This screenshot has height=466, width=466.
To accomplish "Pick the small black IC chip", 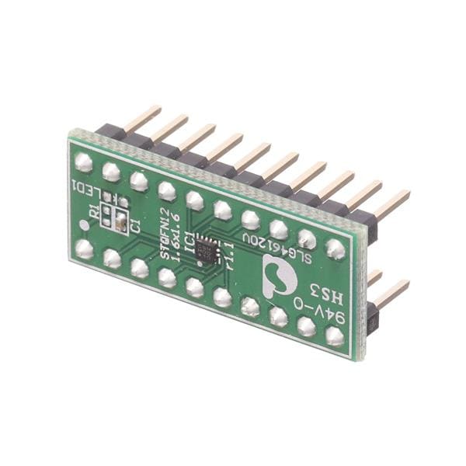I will point(207,250).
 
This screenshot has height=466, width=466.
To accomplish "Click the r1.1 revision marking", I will point(229,256).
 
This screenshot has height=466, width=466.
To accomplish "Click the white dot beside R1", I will point(84,226).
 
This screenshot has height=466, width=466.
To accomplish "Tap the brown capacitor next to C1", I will point(121,224).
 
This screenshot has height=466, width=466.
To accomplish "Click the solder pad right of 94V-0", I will point(335,336).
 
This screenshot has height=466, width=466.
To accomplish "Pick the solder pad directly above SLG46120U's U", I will point(307,238).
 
